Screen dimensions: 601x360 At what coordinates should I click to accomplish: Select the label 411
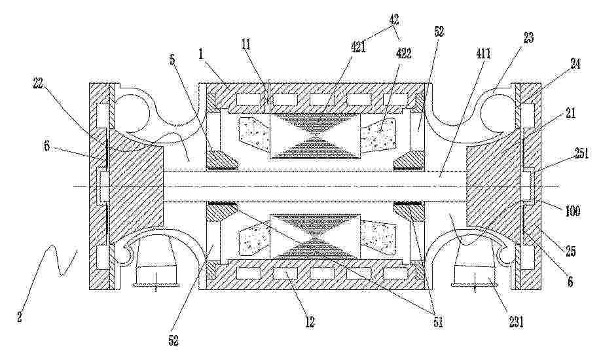[x=483, y=54]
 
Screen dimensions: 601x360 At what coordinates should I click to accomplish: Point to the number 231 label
[x=515, y=323]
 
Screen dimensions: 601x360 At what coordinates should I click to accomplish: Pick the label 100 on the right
[x=573, y=211]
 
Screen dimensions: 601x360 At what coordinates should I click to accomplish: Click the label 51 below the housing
[x=438, y=323]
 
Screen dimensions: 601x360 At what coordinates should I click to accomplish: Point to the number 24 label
[x=575, y=63]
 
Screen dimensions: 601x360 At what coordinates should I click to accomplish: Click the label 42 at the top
[x=393, y=19]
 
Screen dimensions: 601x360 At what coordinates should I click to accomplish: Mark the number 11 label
[x=246, y=44]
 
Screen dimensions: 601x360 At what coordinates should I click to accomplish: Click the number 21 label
[x=571, y=113]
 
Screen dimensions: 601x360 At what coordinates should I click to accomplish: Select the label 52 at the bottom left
[x=173, y=341]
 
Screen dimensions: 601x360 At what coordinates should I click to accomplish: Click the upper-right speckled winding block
[x=378, y=136]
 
